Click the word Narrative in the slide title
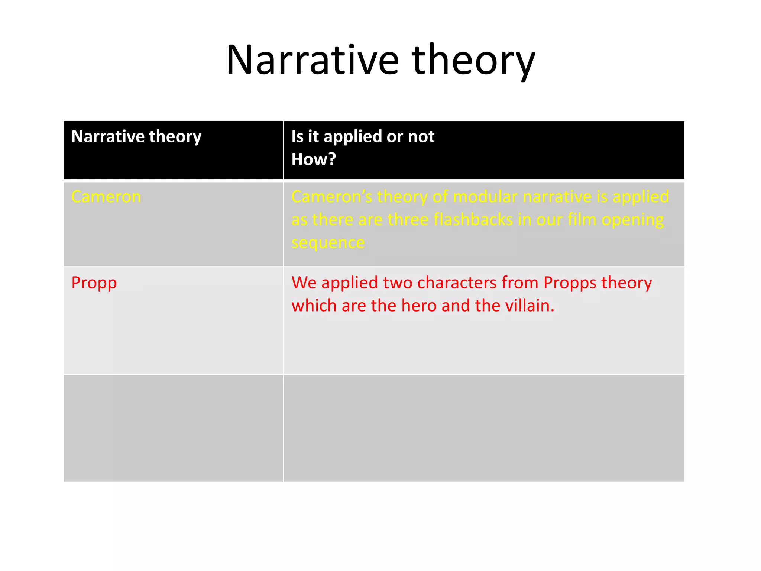pos(312,60)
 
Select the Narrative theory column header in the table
pos(136,136)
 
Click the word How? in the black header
pos(314,159)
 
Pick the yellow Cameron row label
pos(106,197)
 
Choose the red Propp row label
pos(94,283)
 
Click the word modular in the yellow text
pos(485,197)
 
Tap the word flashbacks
pos(473,220)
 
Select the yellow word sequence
pos(328,243)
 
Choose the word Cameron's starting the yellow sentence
pos(331,197)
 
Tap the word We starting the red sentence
pos(304,283)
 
